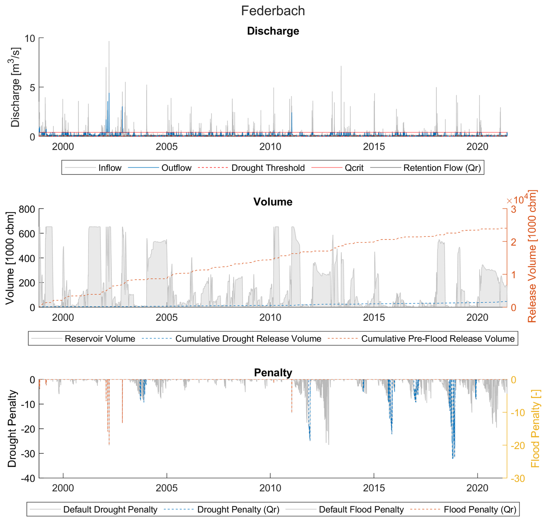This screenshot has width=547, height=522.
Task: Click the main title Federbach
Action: (273, 11)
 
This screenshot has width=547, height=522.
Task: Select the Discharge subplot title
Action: (273, 31)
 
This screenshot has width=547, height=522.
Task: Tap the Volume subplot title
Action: (273, 202)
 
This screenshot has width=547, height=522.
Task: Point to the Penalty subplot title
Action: (273, 372)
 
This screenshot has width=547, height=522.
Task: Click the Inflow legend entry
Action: (110, 168)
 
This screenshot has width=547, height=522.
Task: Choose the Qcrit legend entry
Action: (354, 168)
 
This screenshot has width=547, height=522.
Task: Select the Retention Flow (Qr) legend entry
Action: (442, 168)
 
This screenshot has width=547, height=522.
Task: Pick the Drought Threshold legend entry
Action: (268, 168)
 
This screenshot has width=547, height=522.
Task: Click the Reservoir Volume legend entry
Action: (100, 339)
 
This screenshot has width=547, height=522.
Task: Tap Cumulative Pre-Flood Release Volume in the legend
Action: (438, 339)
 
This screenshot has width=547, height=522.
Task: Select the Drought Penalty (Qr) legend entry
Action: (238, 509)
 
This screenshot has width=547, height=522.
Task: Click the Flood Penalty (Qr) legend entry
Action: (480, 509)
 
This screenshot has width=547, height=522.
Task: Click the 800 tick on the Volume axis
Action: (27, 209)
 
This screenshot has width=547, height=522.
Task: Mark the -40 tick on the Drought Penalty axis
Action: (28, 478)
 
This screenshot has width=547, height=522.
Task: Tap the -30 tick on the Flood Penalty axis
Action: (518, 478)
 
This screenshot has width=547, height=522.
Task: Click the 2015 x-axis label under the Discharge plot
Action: (374, 147)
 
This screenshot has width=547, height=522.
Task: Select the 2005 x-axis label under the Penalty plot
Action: (167, 488)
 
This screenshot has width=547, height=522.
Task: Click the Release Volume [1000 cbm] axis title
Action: (532, 256)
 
